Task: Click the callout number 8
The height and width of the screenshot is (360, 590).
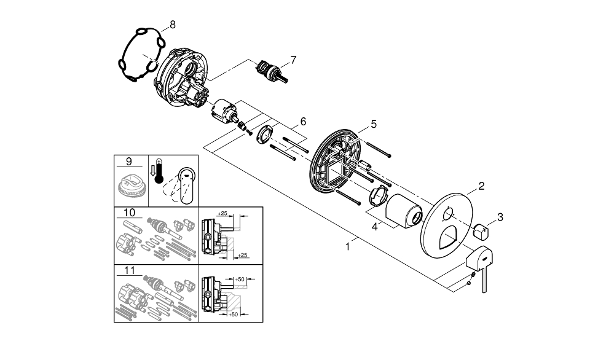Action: point(172,25)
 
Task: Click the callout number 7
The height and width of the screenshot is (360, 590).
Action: point(293,60)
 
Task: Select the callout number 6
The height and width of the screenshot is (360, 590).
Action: point(302,121)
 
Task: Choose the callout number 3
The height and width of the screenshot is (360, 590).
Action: point(500,216)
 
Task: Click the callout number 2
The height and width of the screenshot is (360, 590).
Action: point(481,186)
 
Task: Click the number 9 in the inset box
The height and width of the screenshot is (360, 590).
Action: point(128,162)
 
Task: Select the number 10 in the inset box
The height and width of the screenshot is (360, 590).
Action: point(129,213)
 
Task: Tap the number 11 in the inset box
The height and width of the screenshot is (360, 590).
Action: point(129,270)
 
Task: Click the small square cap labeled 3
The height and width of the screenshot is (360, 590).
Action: point(482,232)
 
